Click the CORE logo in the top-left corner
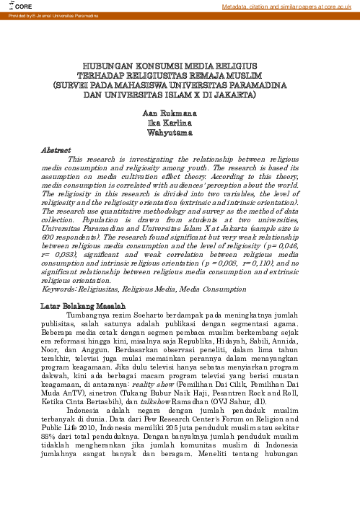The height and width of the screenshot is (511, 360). pos(15,6)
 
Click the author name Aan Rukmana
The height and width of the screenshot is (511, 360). pos(179,115)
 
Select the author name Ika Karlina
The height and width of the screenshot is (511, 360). pos(179,124)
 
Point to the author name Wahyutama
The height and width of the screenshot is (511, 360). pos(179,134)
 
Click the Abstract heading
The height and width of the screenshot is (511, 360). pos(56,149)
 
